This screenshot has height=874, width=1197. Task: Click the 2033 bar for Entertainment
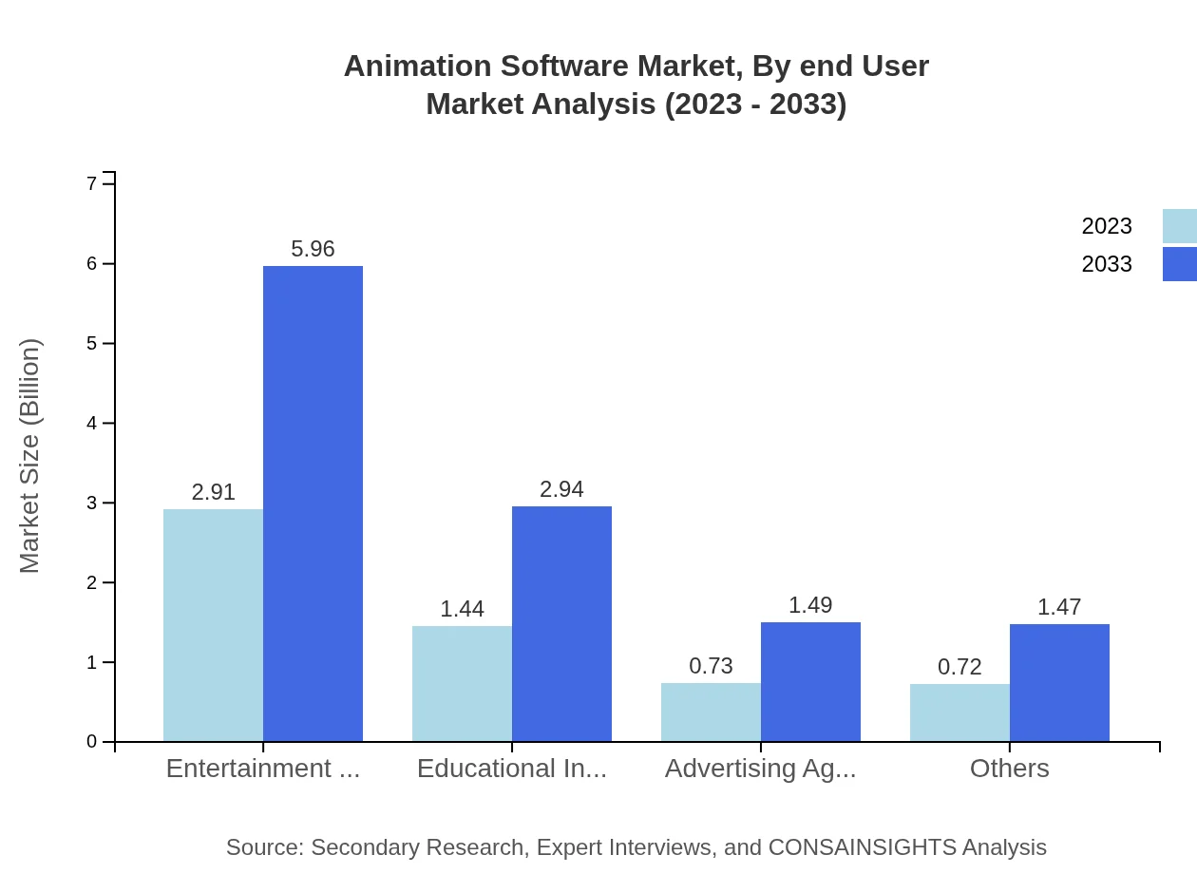pos(313,503)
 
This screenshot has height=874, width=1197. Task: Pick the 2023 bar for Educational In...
pos(462,683)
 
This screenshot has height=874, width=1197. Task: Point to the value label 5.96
pos(313,249)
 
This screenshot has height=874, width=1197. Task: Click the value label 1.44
pos(462,609)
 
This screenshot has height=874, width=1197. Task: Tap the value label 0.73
pos(711,666)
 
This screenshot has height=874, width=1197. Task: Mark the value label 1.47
pos(1059,607)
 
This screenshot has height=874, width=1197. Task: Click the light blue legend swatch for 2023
pos(1179,226)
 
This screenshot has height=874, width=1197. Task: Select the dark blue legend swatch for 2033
pos(1179,264)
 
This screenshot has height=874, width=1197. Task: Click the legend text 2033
pos(1107,264)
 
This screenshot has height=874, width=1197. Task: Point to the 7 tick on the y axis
pos(92,183)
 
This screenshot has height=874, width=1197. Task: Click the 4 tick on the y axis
pos(92,423)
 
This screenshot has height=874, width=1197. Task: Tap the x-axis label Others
pos(1009,768)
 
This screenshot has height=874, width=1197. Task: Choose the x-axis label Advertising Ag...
pos(760,768)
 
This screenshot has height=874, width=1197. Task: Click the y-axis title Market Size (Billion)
pos(29,456)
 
